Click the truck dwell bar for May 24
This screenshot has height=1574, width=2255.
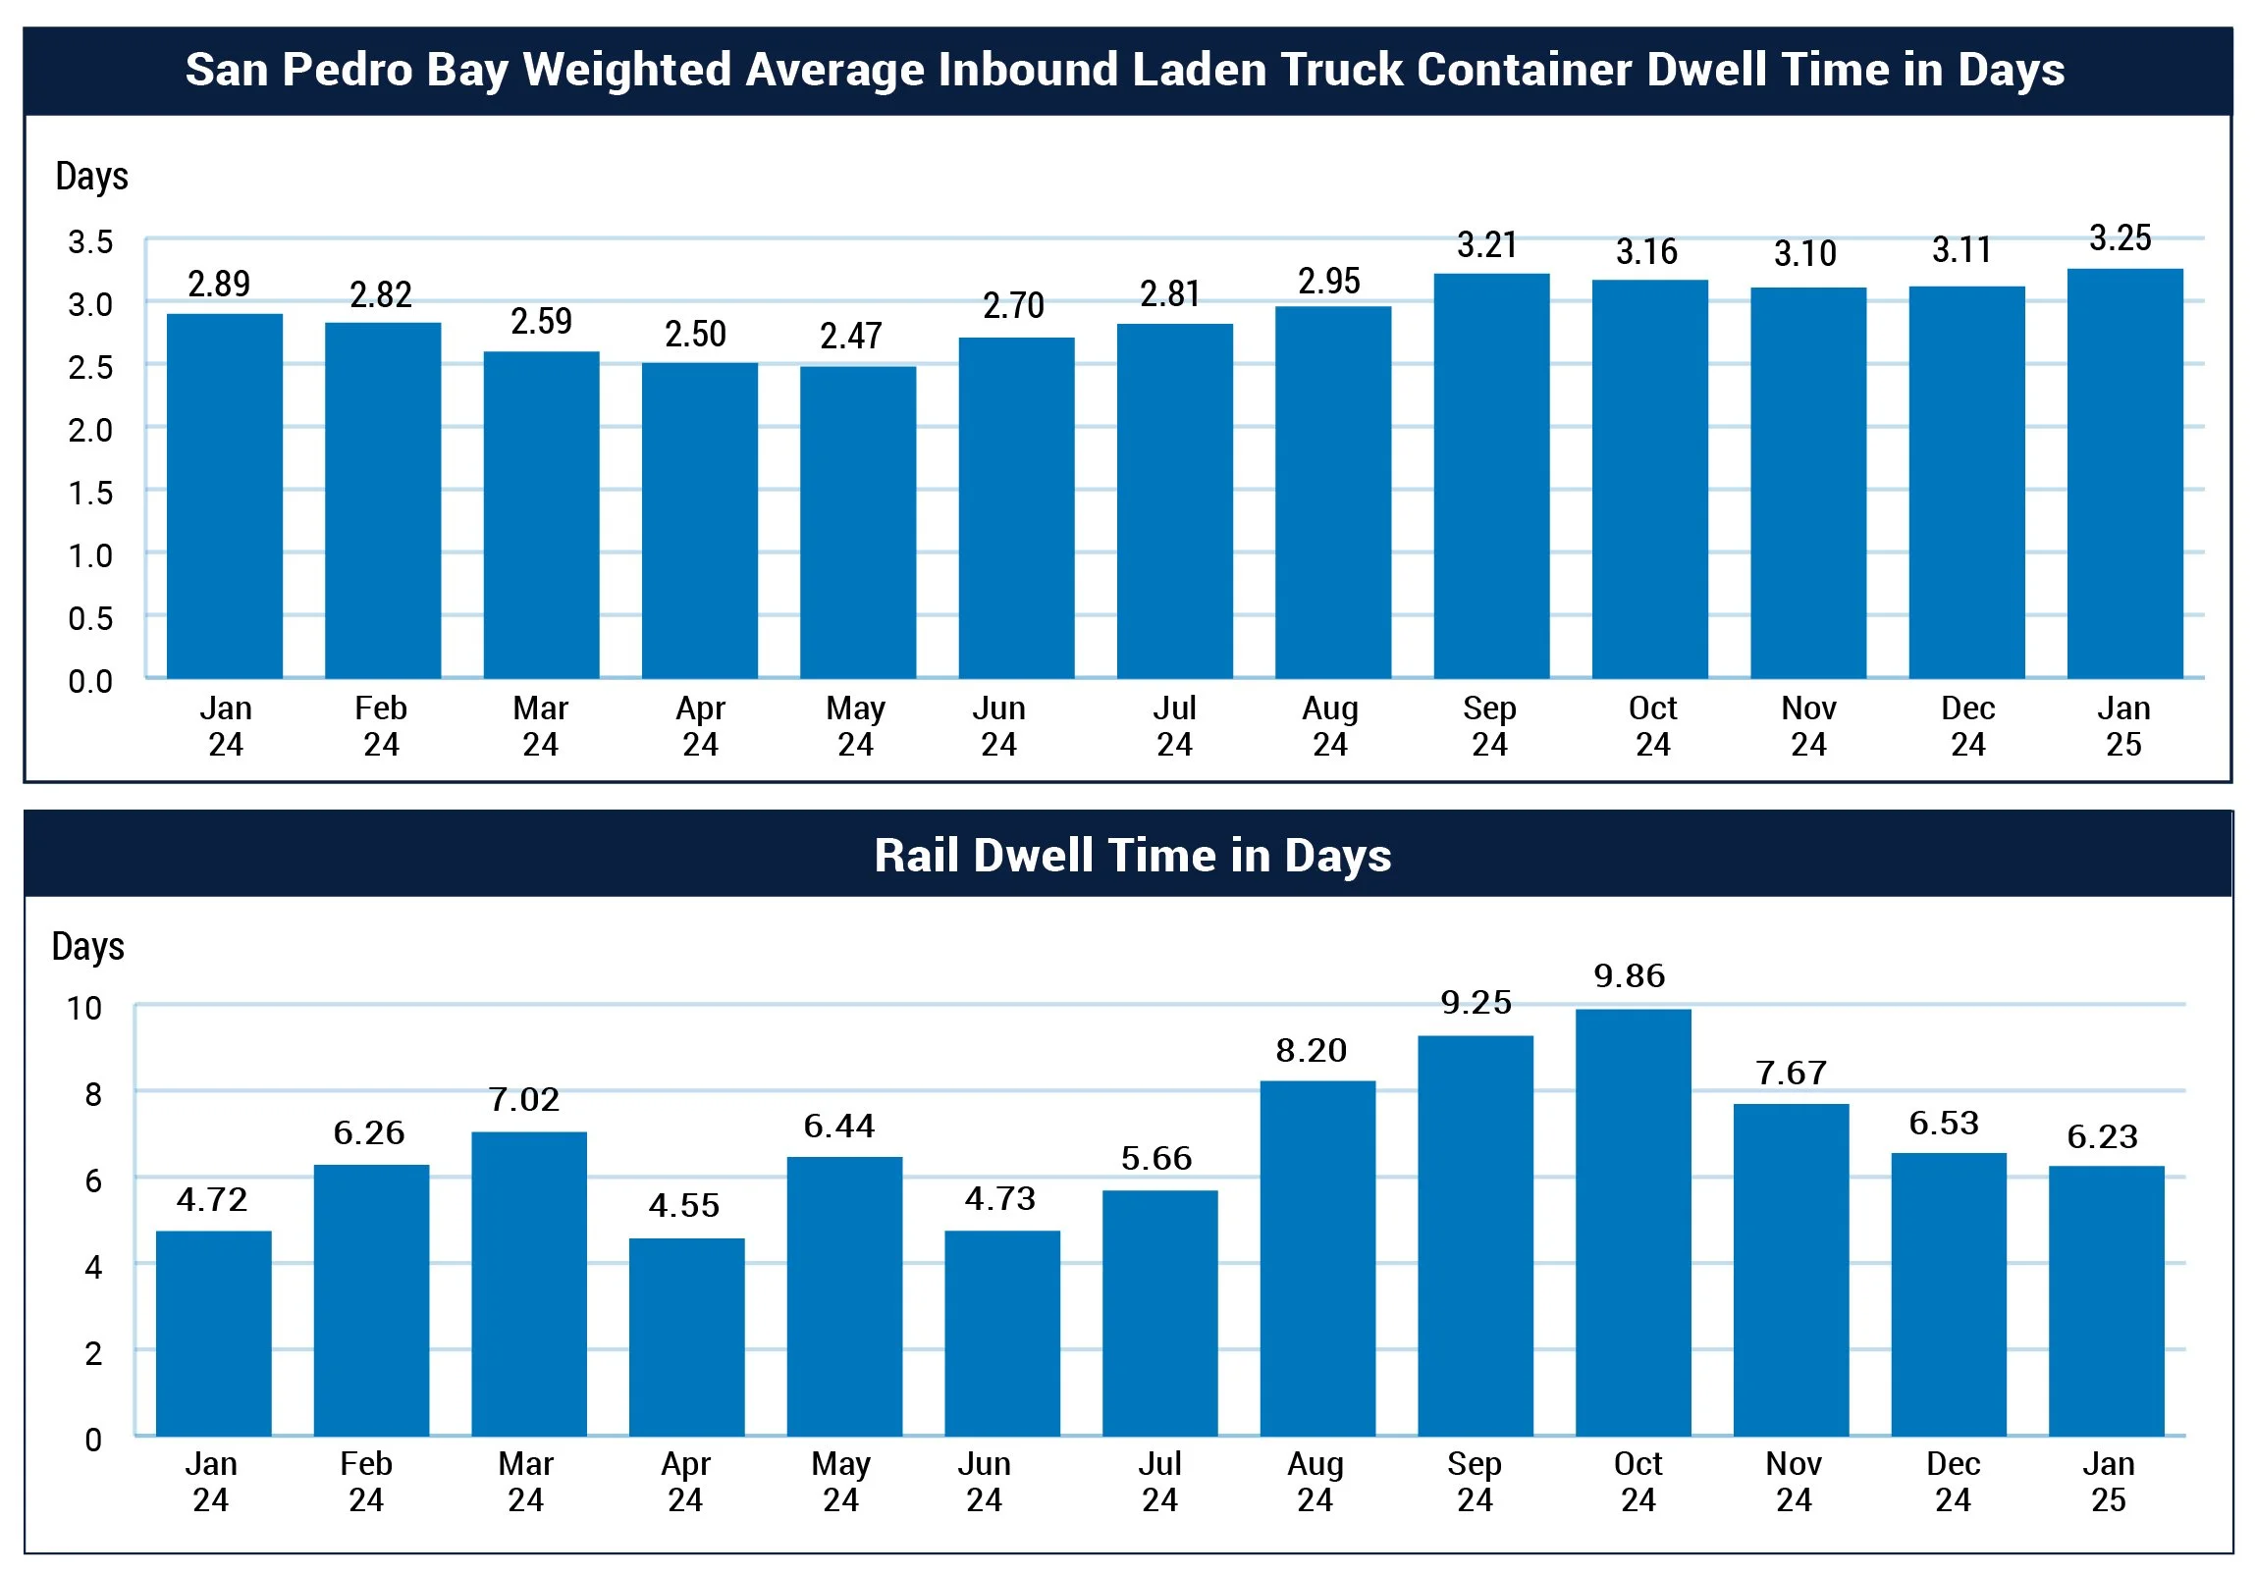[x=857, y=521]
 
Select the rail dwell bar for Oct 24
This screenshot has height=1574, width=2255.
[x=1633, y=1222]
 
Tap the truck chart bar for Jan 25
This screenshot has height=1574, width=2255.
[x=2124, y=472]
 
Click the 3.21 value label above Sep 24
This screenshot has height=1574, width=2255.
[x=1487, y=244]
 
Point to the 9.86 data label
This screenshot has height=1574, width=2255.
[x=1630, y=976]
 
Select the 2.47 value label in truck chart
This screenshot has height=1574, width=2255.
[x=850, y=336]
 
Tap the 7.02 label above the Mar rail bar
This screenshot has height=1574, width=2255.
[x=524, y=1099]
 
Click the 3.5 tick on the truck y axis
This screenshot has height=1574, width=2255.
[x=90, y=241]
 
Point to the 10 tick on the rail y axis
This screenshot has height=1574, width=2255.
[x=84, y=1009]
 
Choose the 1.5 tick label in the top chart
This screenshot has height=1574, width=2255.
[x=90, y=493]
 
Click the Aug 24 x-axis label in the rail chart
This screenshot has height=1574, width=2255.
[x=1315, y=1481]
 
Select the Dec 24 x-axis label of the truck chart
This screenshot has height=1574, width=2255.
[x=1967, y=725]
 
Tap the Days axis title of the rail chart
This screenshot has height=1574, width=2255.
[x=88, y=947]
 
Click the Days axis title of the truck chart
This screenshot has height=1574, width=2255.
[x=92, y=177]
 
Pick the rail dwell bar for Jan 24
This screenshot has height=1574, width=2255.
[x=213, y=1333]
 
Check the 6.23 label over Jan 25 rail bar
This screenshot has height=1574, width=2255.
[x=2103, y=1136]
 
